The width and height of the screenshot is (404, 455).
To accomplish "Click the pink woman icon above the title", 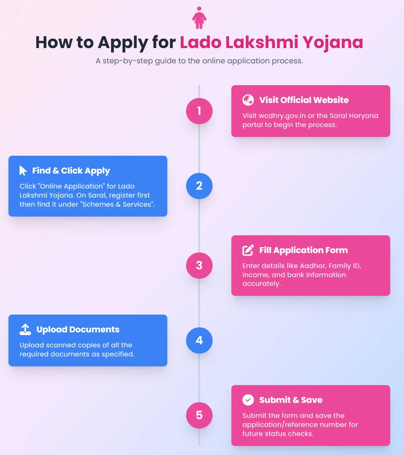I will point(199,18).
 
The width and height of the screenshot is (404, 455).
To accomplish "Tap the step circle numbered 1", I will point(199,111).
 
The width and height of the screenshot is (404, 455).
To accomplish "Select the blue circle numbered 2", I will point(199,186).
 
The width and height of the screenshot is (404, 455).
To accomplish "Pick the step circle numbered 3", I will point(199,266).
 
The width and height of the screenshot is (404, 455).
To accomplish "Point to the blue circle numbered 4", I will point(199,340).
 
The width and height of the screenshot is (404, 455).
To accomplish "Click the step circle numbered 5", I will point(199,415).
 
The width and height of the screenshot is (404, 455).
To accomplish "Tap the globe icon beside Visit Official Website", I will point(248,100).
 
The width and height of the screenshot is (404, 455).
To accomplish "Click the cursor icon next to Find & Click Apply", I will point(23,171).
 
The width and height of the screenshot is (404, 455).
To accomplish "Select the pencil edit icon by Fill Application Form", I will point(248,250).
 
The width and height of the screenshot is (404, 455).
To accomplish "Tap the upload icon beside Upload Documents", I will point(25,330).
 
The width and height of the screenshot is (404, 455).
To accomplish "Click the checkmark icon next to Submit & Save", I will point(248,400).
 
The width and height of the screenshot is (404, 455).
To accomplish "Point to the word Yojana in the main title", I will point(333,42).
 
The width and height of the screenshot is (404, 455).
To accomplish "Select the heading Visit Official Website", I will point(304,100).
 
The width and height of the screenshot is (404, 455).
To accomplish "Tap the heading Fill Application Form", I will point(303,250).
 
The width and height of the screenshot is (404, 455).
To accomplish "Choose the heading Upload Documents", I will point(78,330).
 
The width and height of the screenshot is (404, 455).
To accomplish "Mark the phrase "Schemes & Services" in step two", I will point(117,204).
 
